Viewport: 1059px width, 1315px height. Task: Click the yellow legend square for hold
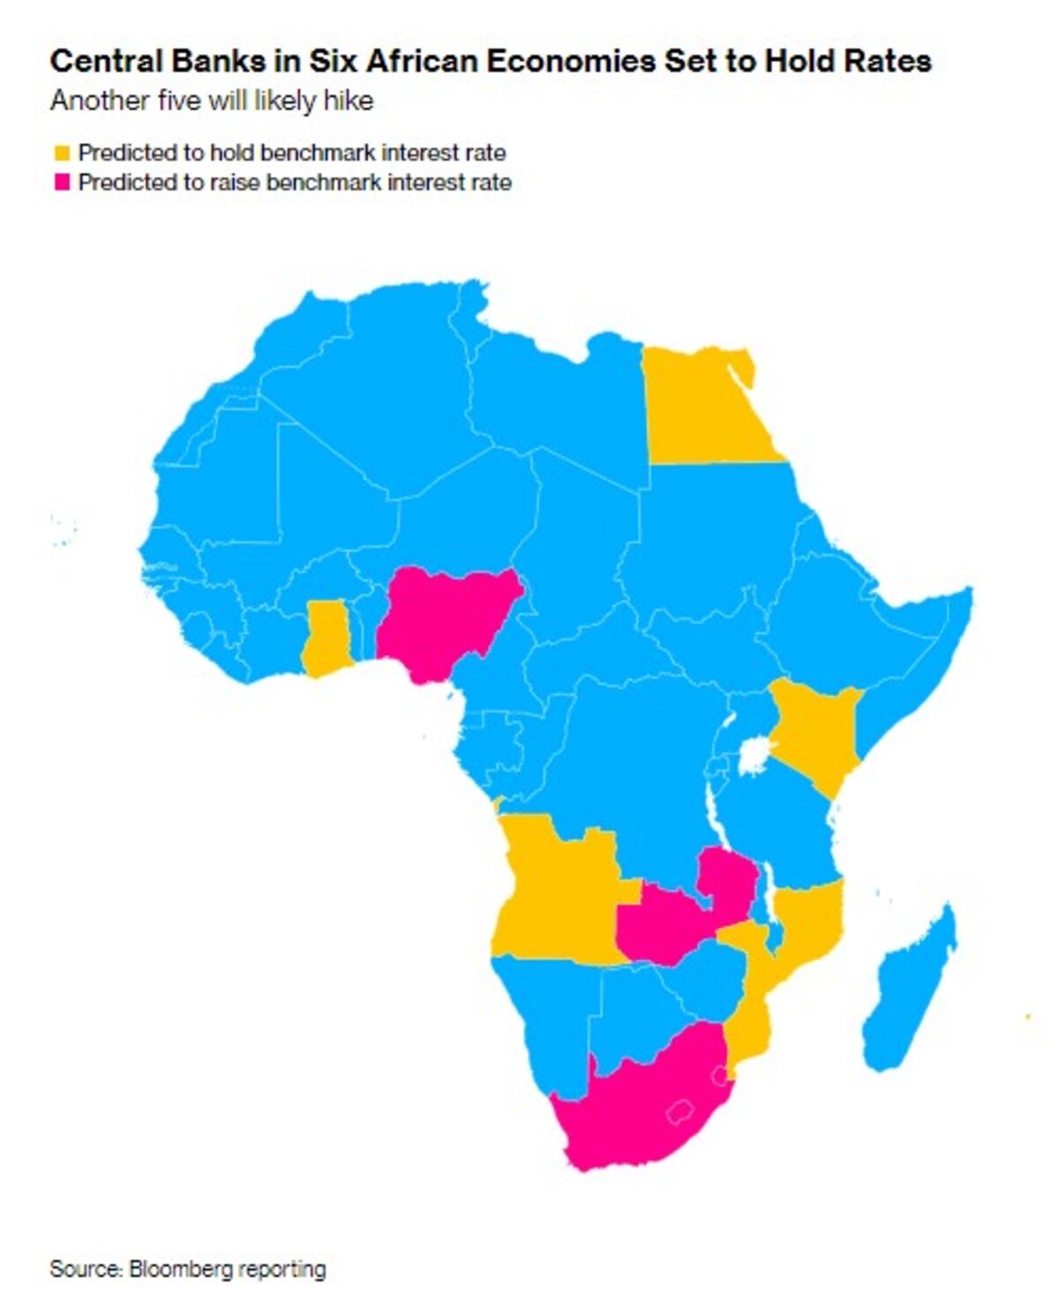[x=62, y=154]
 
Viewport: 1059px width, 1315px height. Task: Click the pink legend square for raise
[x=62, y=183]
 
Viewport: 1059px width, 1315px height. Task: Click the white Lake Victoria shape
[x=753, y=756]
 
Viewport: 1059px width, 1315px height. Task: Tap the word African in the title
[x=421, y=61]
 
